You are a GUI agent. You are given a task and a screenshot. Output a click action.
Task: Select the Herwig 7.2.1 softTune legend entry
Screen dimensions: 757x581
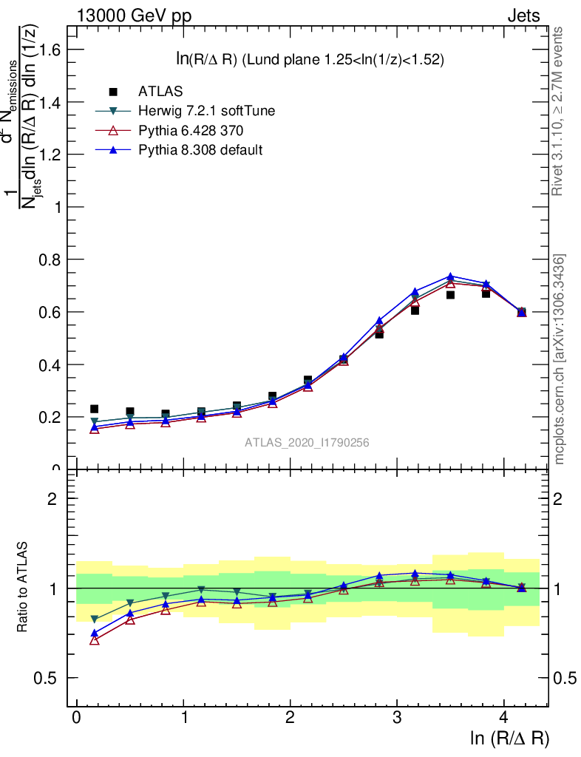tap(206, 111)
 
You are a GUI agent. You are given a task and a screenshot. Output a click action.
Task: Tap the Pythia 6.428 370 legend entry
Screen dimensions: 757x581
tap(191, 130)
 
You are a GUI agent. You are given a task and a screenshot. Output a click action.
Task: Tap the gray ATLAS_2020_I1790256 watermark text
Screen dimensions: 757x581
tap(307, 443)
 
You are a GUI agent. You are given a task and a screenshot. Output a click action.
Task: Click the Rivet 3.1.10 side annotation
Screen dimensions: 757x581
tap(558, 111)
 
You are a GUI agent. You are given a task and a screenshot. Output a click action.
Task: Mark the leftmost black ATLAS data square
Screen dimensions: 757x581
tap(94, 409)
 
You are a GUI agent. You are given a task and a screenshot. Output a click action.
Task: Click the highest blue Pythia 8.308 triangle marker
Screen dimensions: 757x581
tap(450, 277)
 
